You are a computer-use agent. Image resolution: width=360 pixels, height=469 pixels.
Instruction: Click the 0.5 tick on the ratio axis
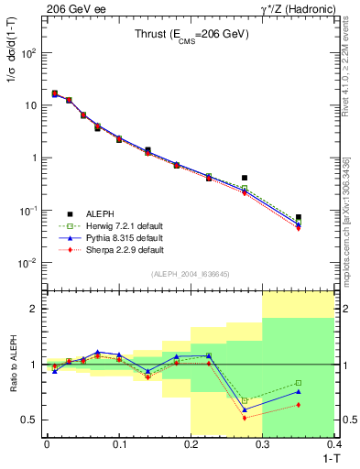coord(29,420)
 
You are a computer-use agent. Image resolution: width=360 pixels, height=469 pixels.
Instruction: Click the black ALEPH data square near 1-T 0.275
coord(245,178)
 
